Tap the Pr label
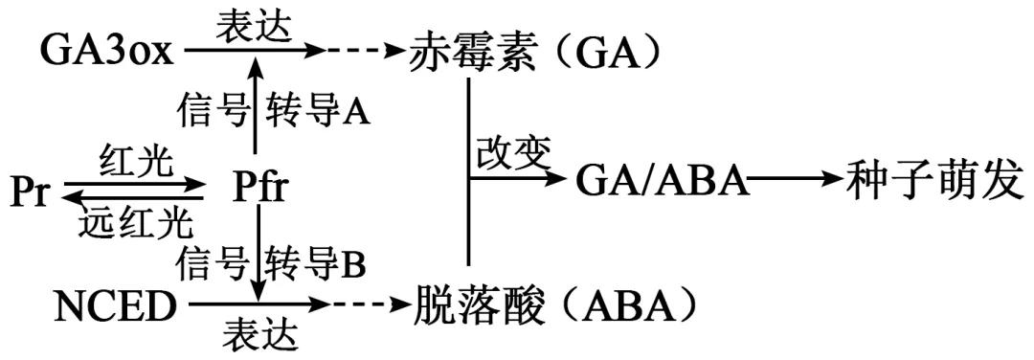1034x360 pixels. pos(29,189)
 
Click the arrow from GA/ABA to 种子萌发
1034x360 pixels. pos(793,179)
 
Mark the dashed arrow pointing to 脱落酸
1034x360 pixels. pos(369,307)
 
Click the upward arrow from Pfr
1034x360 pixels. pos(256,105)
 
